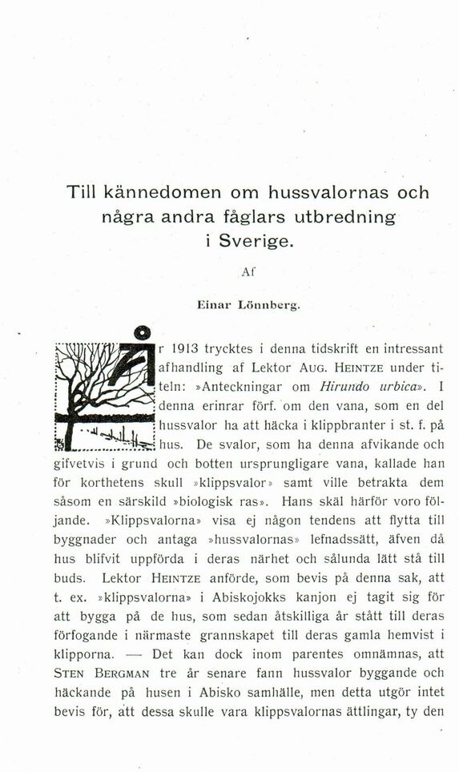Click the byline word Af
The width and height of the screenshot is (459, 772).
[x=248, y=272]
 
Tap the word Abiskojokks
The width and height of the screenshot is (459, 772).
[x=236, y=597]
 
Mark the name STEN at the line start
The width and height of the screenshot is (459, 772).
[x=70, y=673]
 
